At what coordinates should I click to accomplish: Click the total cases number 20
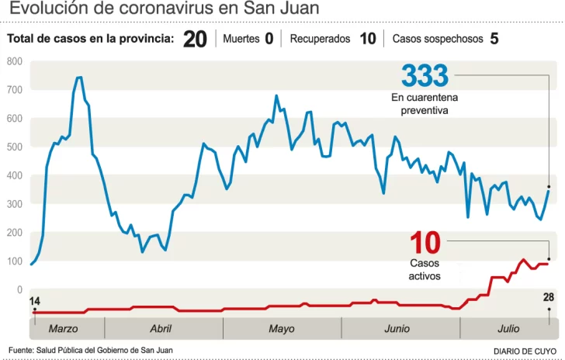195,40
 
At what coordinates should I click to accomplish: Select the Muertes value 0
269,39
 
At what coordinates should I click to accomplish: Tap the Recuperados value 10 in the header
368,39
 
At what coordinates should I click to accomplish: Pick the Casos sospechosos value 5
494,39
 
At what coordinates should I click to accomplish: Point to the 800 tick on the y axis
14,61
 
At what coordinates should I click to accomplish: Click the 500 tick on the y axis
14,147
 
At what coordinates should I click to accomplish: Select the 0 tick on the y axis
19,289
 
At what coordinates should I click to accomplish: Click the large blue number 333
425,76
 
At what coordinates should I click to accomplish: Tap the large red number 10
425,243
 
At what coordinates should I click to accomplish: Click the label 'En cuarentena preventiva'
425,104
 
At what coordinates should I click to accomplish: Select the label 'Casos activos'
425,269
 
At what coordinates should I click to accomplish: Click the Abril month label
161,329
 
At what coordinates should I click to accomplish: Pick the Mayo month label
282,329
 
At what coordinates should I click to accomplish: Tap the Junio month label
397,329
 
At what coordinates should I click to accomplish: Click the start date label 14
35,301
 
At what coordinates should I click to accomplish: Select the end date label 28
548,298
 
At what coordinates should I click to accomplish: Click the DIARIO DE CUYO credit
525,351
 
